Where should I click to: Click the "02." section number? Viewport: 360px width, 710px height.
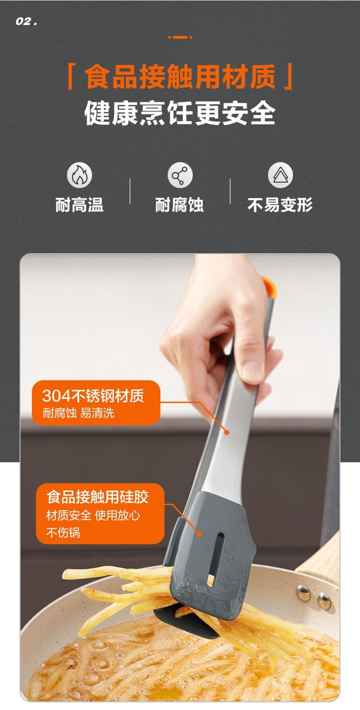(26, 22)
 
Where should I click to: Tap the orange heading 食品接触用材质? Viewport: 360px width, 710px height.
(180, 76)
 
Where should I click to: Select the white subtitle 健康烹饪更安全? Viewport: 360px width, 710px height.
(180, 113)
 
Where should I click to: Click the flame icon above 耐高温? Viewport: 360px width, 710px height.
(79, 175)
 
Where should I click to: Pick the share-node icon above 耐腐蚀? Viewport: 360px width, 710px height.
(180, 175)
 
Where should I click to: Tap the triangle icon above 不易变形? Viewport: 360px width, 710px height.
(280, 175)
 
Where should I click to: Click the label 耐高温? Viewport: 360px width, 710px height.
(79, 204)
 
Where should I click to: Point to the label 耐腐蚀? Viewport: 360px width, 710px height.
(179, 204)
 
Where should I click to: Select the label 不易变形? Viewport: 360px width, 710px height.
(280, 204)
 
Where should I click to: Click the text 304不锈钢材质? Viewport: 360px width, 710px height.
(93, 396)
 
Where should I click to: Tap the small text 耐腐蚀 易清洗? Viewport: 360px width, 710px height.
(78, 413)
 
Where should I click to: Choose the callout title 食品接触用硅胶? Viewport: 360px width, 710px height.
(97, 497)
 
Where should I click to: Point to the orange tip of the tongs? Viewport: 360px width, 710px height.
(270, 286)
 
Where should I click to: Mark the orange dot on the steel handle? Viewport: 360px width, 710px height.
(227, 432)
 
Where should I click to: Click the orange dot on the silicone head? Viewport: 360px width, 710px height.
(200, 534)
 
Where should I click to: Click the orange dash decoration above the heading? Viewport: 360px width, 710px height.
(180, 37)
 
